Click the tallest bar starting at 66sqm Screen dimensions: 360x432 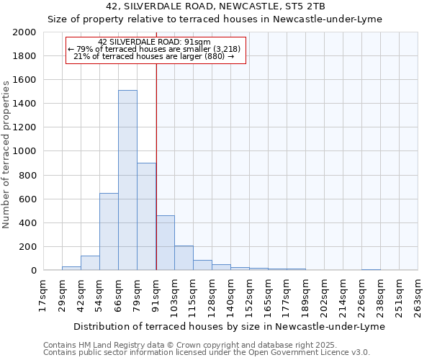[x=127, y=180]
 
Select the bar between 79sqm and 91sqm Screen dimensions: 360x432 [x=146, y=216]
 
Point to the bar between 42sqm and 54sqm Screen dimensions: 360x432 [x=90, y=263]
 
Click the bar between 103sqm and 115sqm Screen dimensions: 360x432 [x=184, y=258]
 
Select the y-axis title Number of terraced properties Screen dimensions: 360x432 [x=6, y=155]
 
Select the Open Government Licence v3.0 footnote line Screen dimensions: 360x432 [x=207, y=352]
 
